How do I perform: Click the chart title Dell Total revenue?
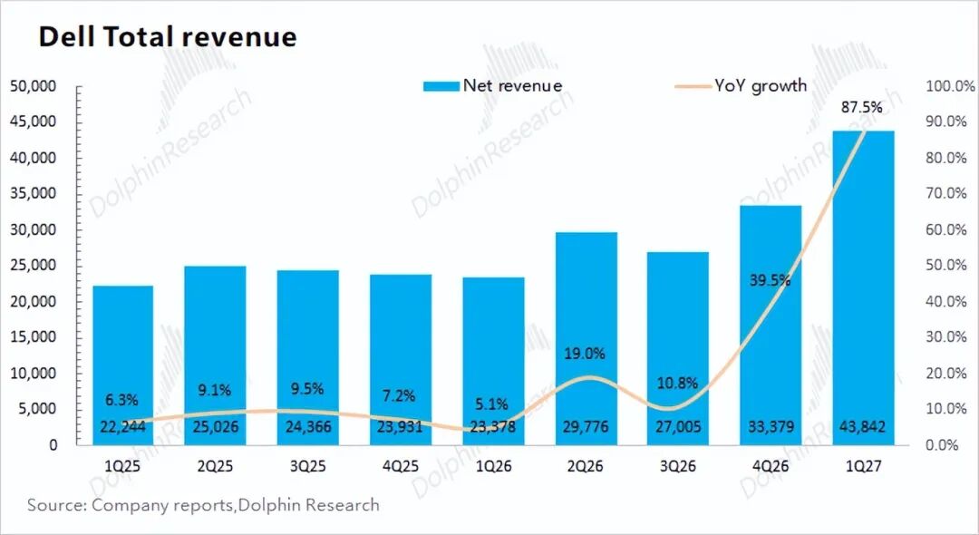point(168,36)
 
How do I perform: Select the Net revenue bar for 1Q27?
point(863,287)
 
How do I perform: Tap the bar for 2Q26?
point(586,338)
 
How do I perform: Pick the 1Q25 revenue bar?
point(122,365)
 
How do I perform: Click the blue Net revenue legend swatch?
point(441,86)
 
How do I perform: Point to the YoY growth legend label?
point(761,85)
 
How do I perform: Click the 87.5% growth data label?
point(862,107)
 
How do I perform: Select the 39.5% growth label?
point(770,280)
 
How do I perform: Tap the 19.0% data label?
point(585,354)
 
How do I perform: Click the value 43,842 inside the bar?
point(863,427)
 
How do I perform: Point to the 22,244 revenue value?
point(123,427)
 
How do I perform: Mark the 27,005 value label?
point(678,427)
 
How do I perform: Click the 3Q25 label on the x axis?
point(308,466)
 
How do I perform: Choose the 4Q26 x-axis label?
point(771,466)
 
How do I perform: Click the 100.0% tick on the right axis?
point(950,86)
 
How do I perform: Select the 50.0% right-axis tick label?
point(946,266)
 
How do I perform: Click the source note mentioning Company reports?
point(203,505)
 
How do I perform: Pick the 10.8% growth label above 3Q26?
point(677,383)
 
